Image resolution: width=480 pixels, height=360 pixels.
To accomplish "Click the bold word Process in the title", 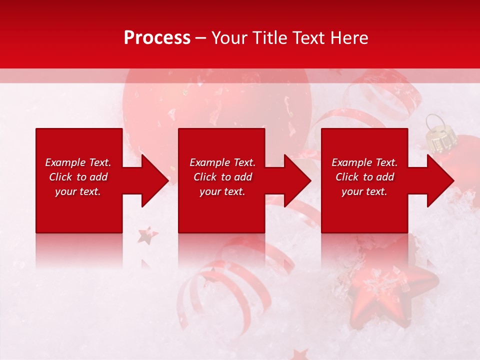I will click(x=157, y=38).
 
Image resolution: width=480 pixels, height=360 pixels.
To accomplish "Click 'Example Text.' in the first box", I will click(x=78, y=162).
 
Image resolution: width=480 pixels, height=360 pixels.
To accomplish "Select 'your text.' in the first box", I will click(x=78, y=191).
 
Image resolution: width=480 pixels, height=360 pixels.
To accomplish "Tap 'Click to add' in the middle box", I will click(x=222, y=177).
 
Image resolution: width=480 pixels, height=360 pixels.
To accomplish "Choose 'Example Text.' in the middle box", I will click(x=222, y=162).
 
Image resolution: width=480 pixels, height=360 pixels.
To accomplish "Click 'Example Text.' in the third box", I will click(x=364, y=162).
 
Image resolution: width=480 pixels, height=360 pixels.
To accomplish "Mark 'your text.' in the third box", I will click(x=364, y=191).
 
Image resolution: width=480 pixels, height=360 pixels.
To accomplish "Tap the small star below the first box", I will click(x=147, y=235).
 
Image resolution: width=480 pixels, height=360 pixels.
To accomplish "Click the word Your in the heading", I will click(x=228, y=38).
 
